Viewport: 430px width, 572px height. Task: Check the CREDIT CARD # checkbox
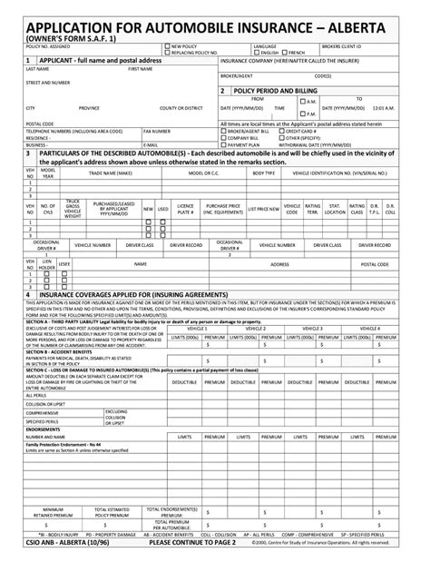(x=299, y=131)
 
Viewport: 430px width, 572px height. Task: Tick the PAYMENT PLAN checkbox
(x=224, y=143)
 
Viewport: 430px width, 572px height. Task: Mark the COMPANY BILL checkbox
(x=224, y=137)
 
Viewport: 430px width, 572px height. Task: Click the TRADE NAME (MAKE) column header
(x=110, y=173)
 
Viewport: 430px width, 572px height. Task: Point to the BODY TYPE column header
(x=264, y=173)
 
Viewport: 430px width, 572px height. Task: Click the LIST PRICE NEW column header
(x=263, y=209)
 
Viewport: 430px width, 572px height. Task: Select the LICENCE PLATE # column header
(x=185, y=209)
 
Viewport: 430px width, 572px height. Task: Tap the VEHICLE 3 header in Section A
(x=312, y=328)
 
